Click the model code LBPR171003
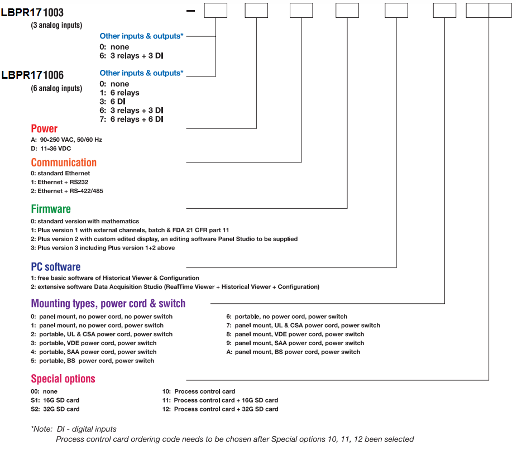(32, 12)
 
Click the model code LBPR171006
(32, 75)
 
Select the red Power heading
(44, 128)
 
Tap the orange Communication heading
(64, 162)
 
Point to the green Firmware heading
(51, 209)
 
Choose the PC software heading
(56, 267)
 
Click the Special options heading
(63, 379)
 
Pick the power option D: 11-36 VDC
(51, 149)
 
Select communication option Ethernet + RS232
(60, 182)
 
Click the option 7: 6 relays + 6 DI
(131, 119)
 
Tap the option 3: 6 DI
(112, 102)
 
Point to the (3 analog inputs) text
(56, 25)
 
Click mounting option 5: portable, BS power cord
(92, 361)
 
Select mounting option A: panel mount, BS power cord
(293, 352)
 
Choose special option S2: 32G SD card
(55, 409)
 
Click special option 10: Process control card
(199, 391)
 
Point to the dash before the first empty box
(190, 11)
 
